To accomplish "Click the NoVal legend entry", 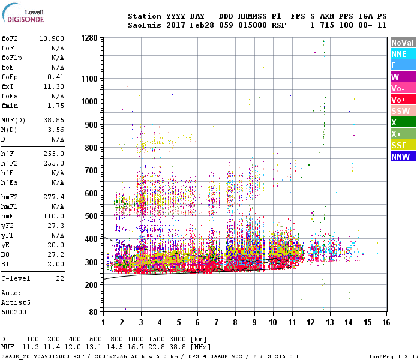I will click(401, 43).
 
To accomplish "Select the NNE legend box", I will click(401, 54).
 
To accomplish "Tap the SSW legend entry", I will click(401, 111).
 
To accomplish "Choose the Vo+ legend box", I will click(401, 100).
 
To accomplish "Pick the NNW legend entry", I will click(401, 157).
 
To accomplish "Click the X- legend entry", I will click(401, 122).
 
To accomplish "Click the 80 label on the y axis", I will click(93, 313).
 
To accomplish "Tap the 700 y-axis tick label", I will click(91, 170).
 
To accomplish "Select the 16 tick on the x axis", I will click(386, 323).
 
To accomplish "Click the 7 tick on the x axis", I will click(217, 323).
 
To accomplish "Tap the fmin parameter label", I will click(11, 106).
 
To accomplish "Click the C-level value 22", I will click(59, 278).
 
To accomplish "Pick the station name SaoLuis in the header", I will click(143, 26).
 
